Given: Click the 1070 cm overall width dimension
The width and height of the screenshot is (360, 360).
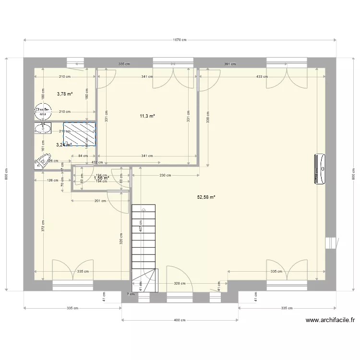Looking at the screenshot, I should point(180,40).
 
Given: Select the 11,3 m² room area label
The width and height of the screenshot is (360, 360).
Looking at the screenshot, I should point(147,116).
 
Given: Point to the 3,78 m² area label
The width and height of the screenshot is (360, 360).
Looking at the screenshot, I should point(64,94).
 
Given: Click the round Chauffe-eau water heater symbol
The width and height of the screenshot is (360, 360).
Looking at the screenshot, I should point(42,112).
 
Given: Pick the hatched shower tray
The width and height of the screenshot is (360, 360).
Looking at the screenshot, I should point(79,134).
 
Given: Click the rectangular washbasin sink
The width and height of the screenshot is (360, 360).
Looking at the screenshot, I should point(43,128).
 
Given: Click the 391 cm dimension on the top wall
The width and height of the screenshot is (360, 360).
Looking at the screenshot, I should point(230,64).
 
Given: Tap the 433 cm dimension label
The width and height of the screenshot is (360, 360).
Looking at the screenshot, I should point(262,76).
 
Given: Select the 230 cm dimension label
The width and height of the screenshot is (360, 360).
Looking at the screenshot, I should point(165,176).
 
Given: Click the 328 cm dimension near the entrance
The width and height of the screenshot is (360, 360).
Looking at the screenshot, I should point(180,284).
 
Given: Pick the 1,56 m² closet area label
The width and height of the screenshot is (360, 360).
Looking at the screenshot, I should point(101,178).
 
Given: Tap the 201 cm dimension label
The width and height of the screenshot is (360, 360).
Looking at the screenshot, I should point(100,201).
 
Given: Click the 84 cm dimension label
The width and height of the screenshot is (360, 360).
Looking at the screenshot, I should point(83,156).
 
